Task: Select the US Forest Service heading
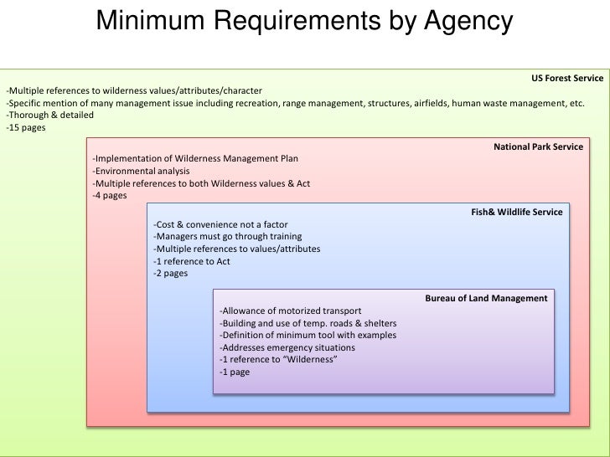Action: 566,78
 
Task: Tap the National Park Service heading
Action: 538,146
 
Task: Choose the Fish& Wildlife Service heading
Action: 516,213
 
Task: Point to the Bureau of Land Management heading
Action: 486,298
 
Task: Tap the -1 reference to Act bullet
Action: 191,261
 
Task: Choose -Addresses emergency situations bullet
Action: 287,347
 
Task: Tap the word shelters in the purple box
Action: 380,323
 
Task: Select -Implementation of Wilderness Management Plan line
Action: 194,158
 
